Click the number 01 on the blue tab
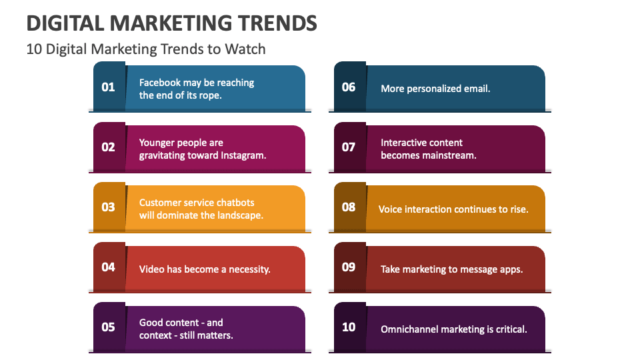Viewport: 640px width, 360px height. click(108, 87)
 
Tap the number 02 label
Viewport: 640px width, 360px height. click(108, 147)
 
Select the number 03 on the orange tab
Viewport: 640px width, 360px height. click(108, 207)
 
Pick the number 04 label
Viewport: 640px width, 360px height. click(108, 267)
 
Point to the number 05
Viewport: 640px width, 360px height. click(108, 327)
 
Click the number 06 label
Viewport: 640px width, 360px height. click(349, 87)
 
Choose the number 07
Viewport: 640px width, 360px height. click(349, 147)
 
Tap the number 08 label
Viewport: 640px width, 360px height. click(349, 207)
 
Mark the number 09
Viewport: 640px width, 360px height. click(349, 267)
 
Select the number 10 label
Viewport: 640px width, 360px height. click(349, 327)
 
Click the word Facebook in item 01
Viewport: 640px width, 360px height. click(160, 83)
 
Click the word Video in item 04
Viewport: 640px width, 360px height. click(151, 269)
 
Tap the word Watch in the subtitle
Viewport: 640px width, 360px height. click(247, 49)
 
